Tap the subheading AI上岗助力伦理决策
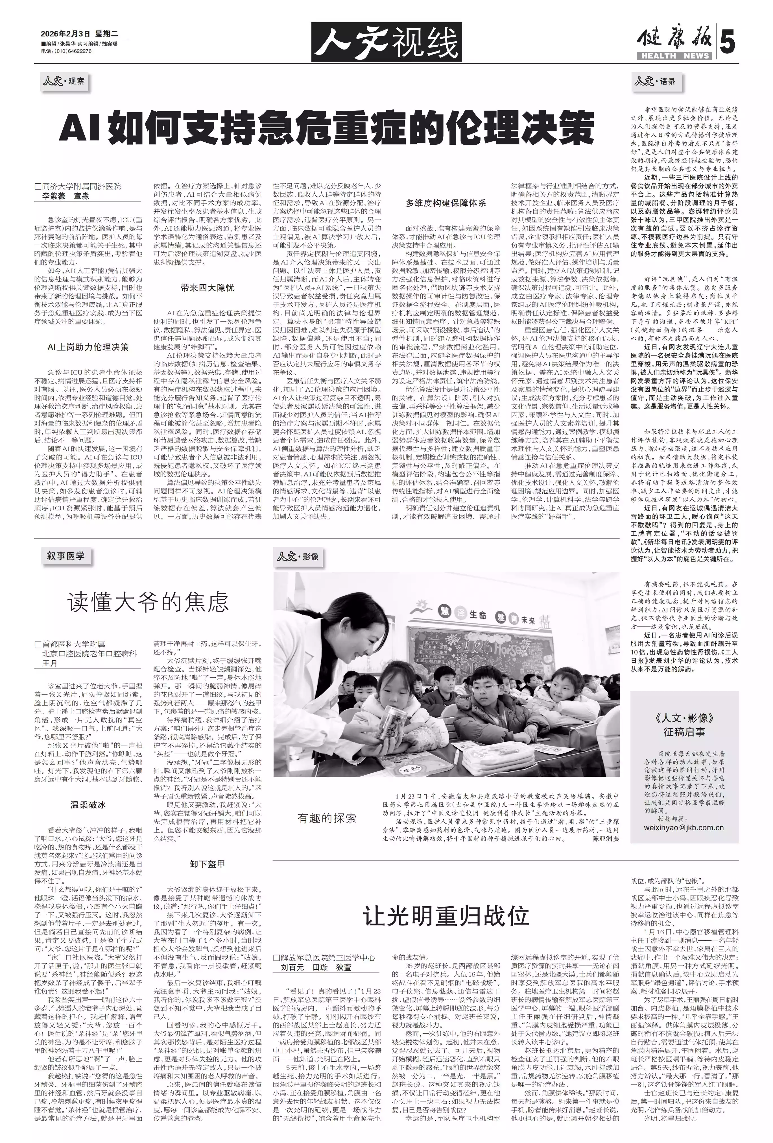point(88,347)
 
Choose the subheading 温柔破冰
point(88,805)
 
